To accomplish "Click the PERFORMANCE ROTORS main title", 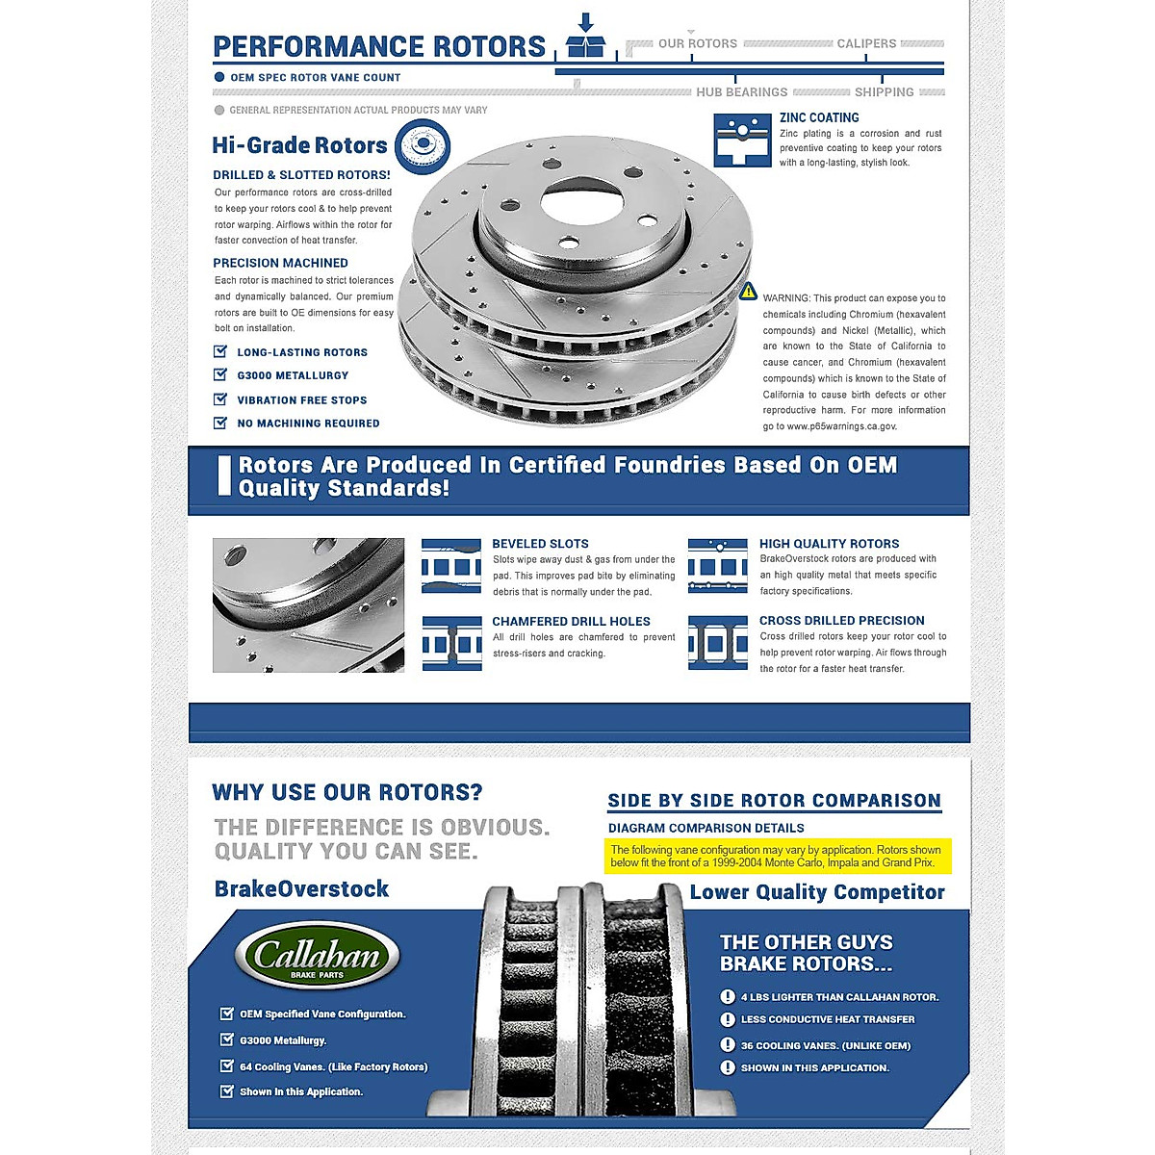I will pos(378,46).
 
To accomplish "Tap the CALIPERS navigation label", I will pos(866,43).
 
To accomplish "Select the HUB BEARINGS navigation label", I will pos(741,92).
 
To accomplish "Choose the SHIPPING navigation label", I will pos(884,92).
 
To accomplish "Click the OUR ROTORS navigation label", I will pos(697,43).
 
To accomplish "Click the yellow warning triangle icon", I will pos(748,292).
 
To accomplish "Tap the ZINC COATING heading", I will pos(819,117).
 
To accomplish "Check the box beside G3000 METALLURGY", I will pos(220,375).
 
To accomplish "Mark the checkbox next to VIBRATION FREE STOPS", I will pos(220,399).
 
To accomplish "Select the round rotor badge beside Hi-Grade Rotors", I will pos(422,147).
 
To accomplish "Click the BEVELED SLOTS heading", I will pos(540,544).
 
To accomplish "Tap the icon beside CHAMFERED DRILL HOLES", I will pos(451,643).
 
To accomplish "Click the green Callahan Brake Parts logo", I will pos(318,956).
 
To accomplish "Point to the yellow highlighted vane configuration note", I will pos(776,856).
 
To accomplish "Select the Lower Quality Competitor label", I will pos(817,892).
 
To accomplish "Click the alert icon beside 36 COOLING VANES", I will pos(728,1045).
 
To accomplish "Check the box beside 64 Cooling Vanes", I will pos(227,1066).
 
